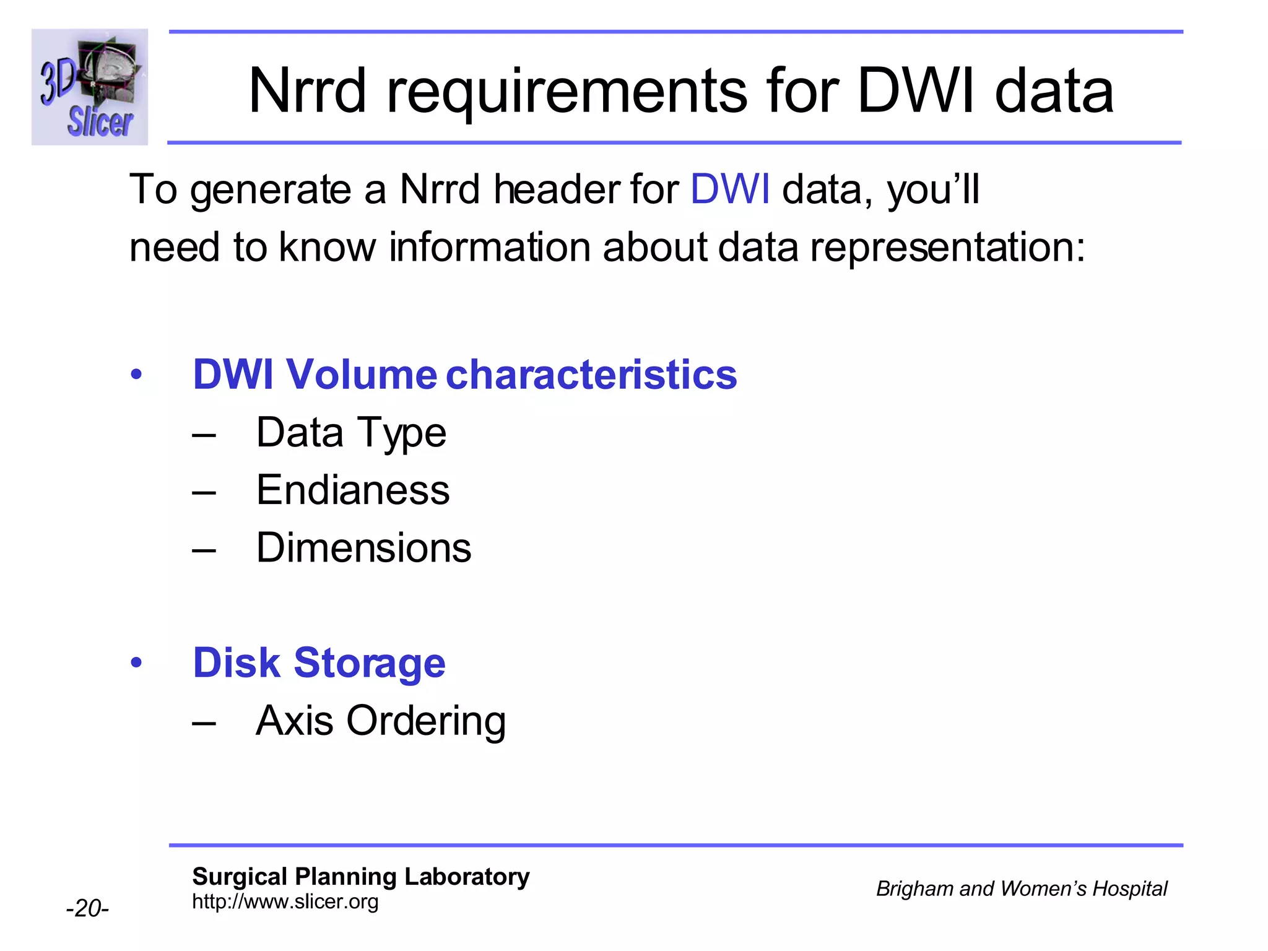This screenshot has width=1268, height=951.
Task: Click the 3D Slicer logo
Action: (x=90, y=87)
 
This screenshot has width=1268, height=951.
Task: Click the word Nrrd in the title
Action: (x=307, y=92)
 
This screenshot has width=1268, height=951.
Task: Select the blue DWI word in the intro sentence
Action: (x=729, y=189)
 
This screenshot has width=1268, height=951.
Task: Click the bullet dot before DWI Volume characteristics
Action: (x=136, y=375)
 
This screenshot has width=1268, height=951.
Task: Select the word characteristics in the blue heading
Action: (x=591, y=375)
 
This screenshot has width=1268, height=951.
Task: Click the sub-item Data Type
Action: (x=351, y=433)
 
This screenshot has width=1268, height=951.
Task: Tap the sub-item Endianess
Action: (x=353, y=490)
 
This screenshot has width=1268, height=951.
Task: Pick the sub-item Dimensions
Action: (x=363, y=548)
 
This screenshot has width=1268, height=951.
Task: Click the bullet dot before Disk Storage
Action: (x=136, y=663)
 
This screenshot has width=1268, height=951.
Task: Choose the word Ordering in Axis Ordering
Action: (x=426, y=721)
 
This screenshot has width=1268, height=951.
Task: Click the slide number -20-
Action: (x=87, y=908)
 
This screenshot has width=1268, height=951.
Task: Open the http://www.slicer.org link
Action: (x=285, y=901)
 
